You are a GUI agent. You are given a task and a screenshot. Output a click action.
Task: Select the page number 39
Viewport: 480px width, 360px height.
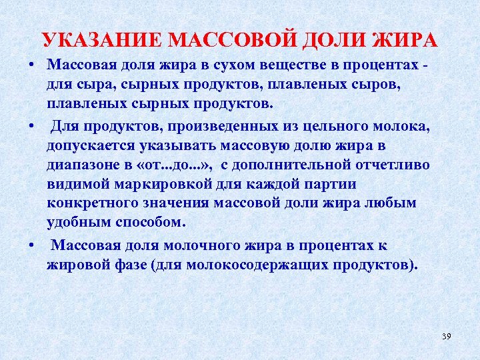click(x=446, y=336)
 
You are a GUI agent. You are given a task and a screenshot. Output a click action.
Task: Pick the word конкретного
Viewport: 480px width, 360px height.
click(x=90, y=203)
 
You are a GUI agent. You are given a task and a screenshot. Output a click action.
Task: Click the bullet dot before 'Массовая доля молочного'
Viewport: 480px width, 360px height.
click(x=32, y=245)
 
